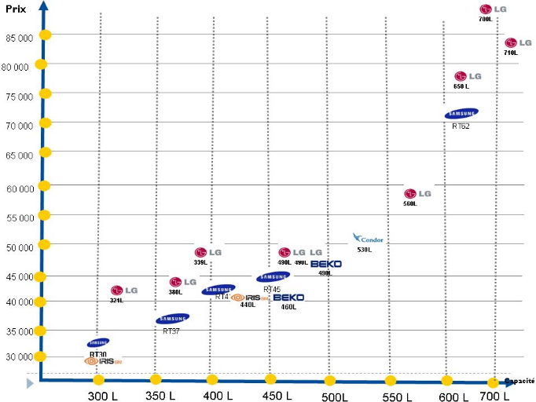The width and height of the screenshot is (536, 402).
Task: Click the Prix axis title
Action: [15, 7]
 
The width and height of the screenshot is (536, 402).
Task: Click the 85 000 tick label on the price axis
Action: [17, 37]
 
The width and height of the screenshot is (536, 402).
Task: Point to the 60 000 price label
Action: [17, 188]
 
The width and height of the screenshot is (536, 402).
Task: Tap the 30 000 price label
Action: [17, 357]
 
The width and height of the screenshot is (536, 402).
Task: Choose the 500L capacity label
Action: [335, 397]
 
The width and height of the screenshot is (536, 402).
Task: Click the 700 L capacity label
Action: [494, 397]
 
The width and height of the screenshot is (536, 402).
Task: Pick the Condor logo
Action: [366, 239]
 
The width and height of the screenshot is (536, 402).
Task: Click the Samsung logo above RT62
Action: [461, 114]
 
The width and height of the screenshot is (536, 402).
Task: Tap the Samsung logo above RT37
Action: [172, 319]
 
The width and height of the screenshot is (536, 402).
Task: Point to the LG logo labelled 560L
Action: [418, 193]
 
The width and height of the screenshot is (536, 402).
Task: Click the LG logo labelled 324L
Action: [124, 291]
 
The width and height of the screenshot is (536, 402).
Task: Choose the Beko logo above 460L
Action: [288, 298]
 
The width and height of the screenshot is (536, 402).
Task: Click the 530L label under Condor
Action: [364, 250]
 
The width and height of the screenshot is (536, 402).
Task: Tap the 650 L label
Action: [461, 86]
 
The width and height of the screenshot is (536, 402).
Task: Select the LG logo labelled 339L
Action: [208, 252]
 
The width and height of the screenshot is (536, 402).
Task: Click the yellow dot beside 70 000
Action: [45, 122]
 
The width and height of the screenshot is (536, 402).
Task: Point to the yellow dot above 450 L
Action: [270, 379]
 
